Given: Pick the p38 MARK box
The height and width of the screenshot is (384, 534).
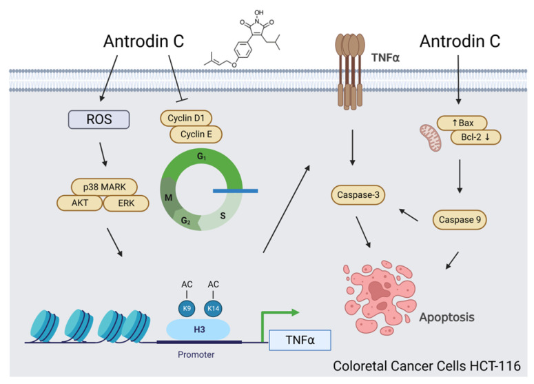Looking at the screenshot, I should pos(105,186).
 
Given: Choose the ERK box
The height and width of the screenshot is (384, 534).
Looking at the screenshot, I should pos(127,203).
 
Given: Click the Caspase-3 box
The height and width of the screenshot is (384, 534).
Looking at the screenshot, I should pos(358,195).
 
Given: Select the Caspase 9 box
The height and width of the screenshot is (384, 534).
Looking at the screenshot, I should pos(459,221).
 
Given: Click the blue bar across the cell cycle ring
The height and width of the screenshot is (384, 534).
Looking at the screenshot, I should pos(235,190).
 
